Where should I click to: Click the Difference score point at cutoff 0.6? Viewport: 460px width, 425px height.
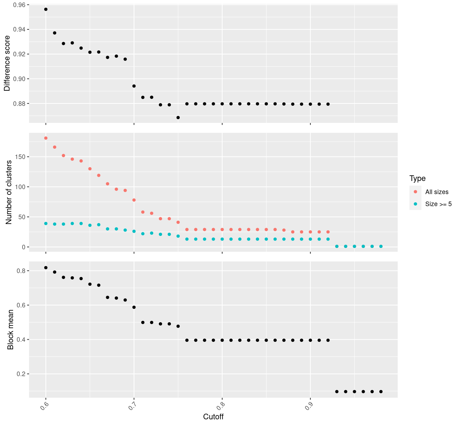46,9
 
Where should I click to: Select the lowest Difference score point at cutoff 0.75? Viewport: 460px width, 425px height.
178,118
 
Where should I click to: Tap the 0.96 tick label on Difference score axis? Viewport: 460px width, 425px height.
19,5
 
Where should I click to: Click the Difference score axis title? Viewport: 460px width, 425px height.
7,63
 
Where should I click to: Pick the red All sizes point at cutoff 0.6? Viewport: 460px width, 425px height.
46,138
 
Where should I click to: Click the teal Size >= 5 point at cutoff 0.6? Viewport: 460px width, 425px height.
46,223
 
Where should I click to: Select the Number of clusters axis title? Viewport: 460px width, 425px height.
9,192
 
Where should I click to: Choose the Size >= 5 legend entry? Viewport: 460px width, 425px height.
438,204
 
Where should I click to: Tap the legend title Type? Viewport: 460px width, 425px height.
417,178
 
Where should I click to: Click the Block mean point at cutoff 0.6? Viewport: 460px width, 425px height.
46,268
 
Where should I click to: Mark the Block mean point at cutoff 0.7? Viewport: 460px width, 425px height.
134,307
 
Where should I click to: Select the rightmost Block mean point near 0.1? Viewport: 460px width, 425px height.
381,391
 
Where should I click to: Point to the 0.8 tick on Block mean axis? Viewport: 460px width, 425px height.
20,271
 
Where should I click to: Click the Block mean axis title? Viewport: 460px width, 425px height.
11,329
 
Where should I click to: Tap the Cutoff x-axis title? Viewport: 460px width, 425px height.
213,416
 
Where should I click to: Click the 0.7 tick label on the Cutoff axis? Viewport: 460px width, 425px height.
132,407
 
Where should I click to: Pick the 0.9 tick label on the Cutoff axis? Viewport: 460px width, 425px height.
308,407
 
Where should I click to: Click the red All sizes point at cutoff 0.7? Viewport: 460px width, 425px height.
134,200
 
